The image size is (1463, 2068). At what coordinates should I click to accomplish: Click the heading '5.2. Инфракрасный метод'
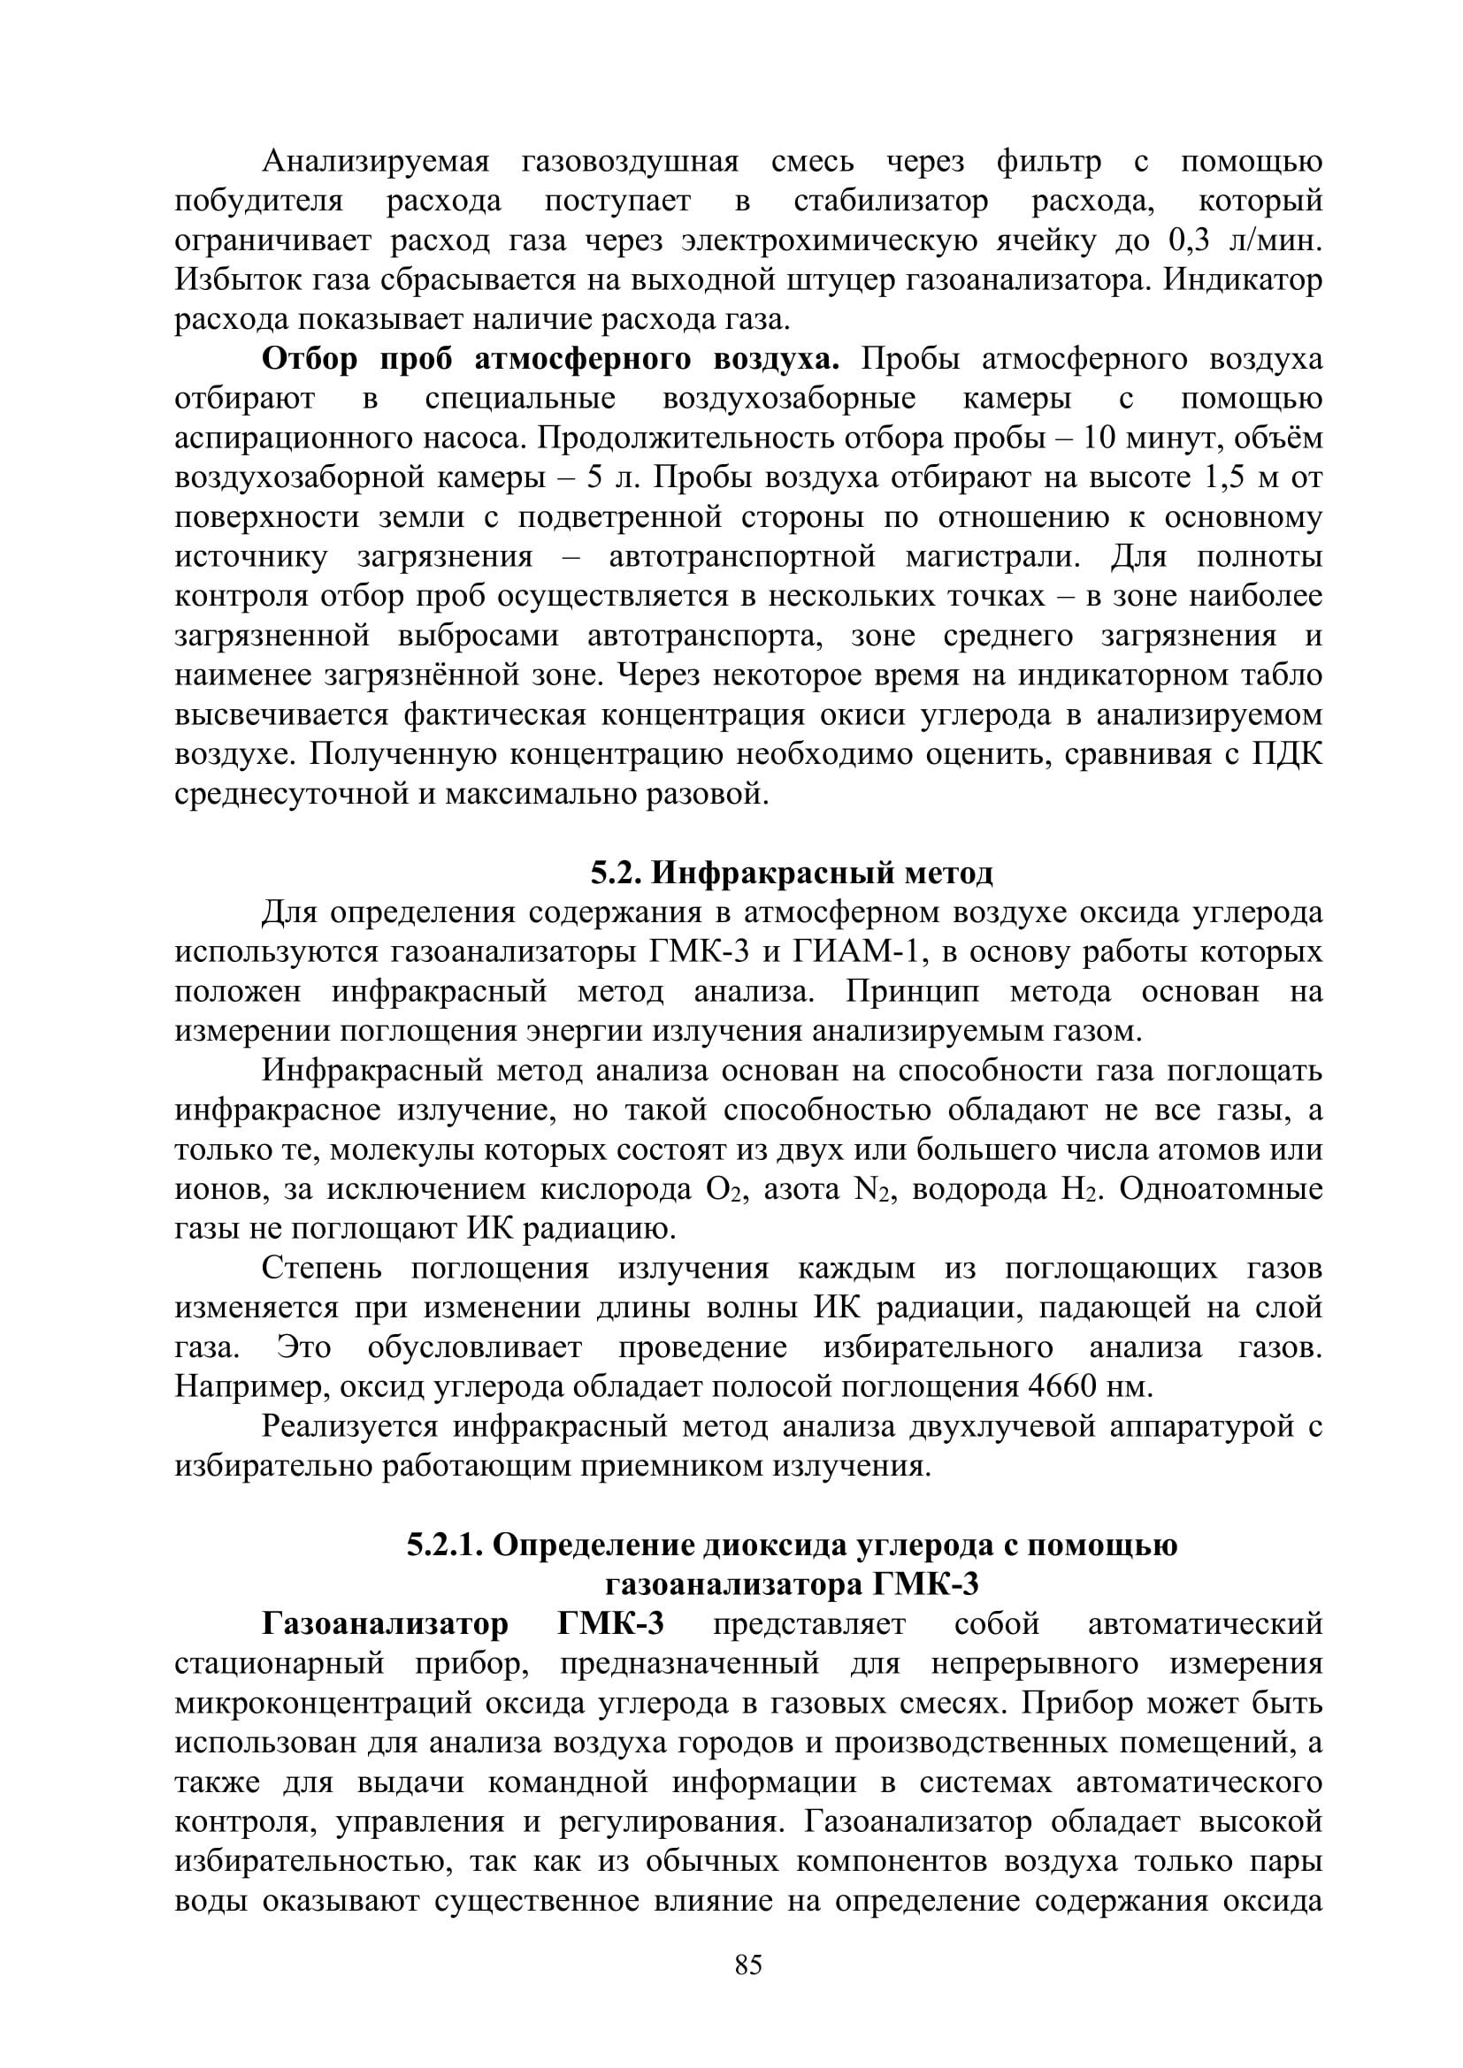click(792, 872)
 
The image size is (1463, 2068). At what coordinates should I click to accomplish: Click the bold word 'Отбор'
click(310, 358)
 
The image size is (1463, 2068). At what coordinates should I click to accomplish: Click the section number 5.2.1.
click(446, 1545)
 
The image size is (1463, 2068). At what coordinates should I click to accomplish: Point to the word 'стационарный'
click(280, 1664)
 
